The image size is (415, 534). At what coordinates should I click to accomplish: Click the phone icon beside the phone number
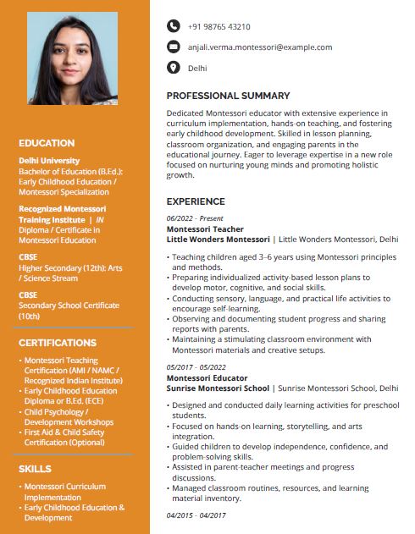174,27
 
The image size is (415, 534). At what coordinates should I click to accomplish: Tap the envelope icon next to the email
174,47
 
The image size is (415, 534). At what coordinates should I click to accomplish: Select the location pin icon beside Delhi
174,68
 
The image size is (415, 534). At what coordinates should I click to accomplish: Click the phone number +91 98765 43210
219,27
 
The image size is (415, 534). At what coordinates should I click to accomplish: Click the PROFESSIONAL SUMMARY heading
228,96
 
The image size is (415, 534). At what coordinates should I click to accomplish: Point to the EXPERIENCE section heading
196,201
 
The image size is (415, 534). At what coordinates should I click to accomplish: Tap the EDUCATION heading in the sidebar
47,143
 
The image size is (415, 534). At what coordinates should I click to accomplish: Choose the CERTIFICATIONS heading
58,343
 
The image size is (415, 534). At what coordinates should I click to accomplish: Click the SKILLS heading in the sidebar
36,468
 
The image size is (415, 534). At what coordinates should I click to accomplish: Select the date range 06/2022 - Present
195,218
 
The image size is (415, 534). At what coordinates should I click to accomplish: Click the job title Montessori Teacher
205,229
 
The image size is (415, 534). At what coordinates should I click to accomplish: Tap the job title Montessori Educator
207,377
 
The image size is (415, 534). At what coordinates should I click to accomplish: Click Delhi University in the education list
49,160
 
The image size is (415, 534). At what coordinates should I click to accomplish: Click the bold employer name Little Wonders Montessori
219,239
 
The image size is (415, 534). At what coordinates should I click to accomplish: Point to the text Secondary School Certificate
69,306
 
